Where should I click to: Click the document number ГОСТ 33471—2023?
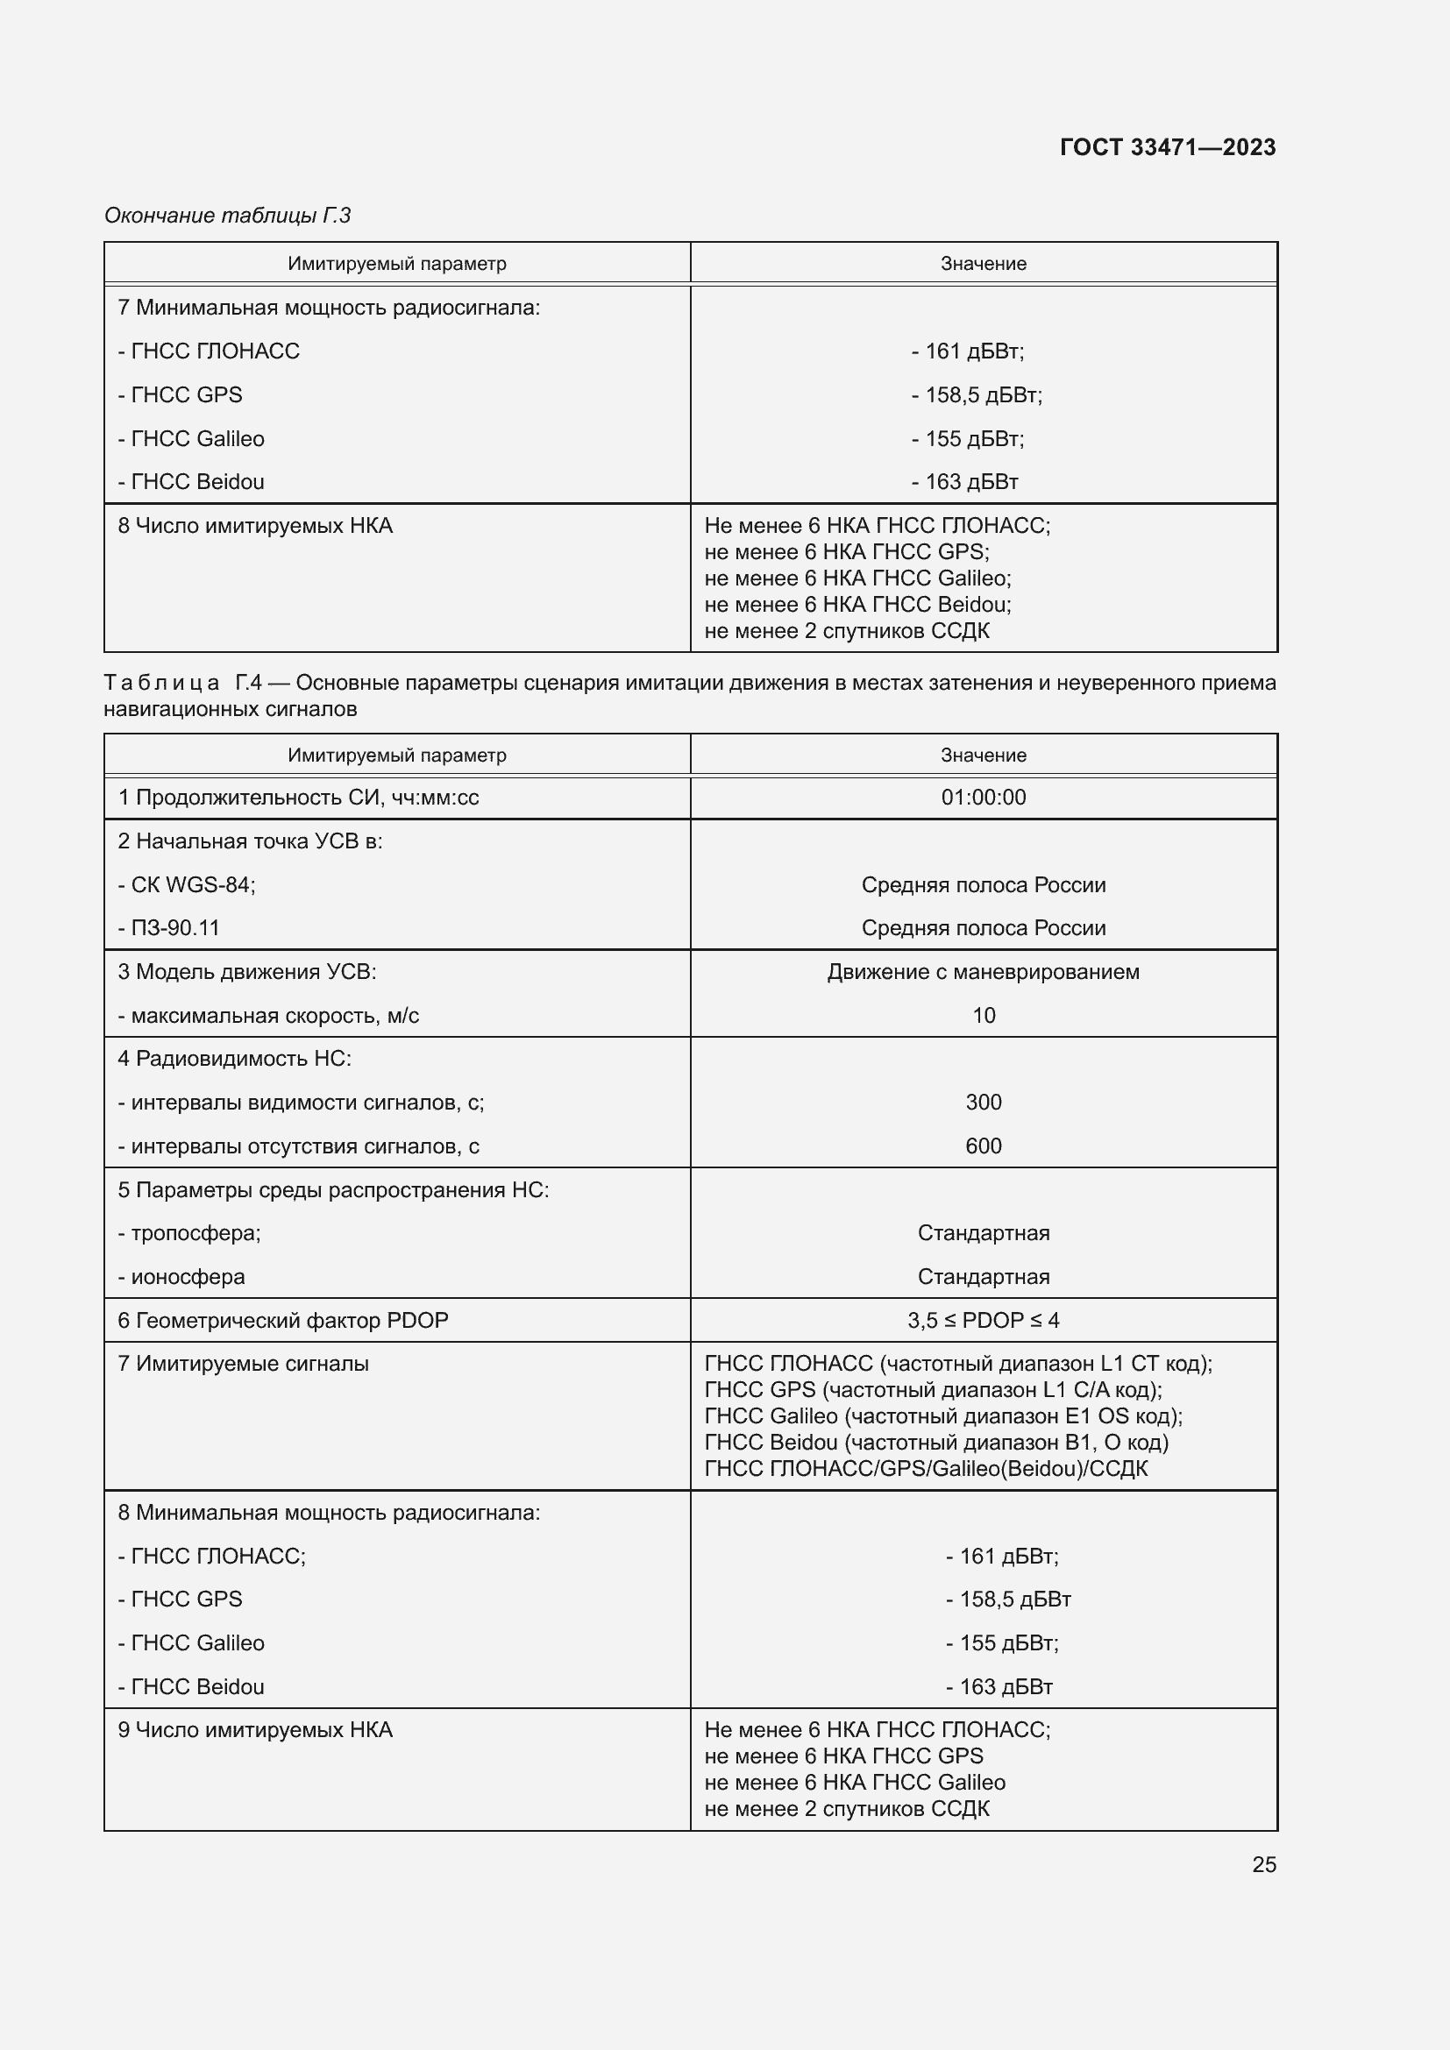pos(1167,147)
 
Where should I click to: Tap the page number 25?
pos(1263,1864)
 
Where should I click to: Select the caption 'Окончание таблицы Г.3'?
pos(228,216)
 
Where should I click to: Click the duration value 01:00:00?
pos(983,798)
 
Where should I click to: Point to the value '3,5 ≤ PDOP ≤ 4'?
pos(983,1320)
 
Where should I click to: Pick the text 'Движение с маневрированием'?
pos(983,971)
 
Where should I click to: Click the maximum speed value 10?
pos(983,1015)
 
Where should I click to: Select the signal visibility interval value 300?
pos(983,1102)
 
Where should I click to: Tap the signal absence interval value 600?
pos(983,1146)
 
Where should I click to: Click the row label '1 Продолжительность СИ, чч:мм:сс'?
pos(298,798)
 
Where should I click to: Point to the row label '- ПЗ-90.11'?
pos(168,927)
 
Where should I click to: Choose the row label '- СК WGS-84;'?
pos(187,885)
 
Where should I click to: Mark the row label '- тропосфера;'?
pos(189,1233)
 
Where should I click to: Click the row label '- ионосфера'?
pos(181,1277)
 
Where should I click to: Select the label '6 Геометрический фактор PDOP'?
pos(283,1320)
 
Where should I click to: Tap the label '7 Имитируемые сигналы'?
pos(243,1364)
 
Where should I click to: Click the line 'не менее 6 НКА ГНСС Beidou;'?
pos(857,605)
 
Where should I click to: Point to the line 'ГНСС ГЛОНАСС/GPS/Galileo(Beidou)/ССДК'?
pos(926,1469)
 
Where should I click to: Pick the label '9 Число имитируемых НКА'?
pos(255,1729)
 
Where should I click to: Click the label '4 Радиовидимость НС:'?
pos(235,1058)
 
